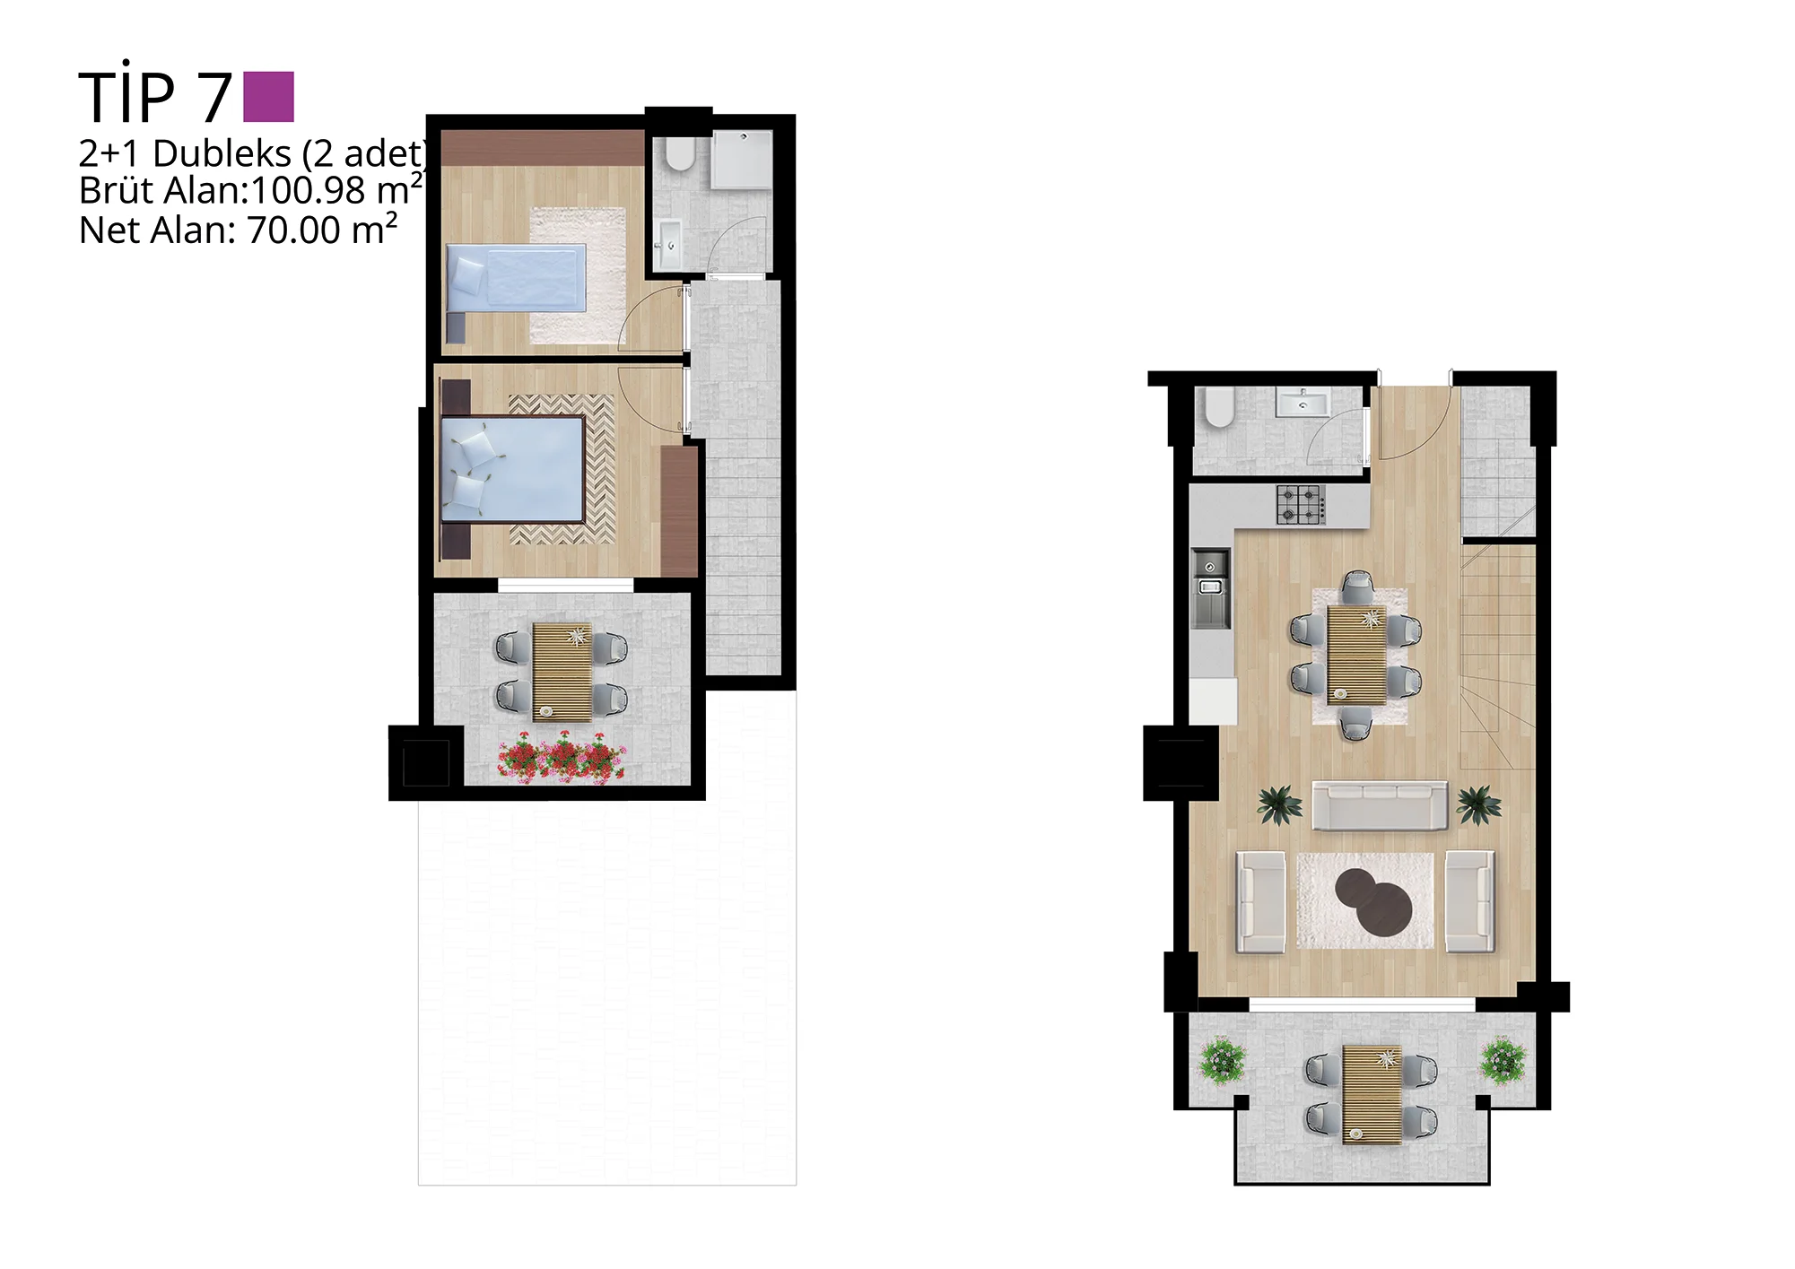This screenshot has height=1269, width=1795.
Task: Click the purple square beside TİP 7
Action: (269, 97)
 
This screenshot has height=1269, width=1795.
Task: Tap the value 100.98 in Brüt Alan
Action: (309, 191)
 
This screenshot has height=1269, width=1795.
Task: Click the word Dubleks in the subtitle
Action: (222, 153)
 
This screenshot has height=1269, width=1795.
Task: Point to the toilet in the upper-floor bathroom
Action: (681, 153)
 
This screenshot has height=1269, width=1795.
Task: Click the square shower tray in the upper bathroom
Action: (742, 160)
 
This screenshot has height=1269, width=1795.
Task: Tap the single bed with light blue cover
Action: (516, 278)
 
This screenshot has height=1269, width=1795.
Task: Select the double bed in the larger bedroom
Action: (512, 469)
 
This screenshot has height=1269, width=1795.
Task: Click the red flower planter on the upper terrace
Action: (562, 758)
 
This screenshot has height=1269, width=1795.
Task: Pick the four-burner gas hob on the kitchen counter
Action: (1300, 504)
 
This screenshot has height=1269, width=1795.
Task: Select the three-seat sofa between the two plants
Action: (1380, 805)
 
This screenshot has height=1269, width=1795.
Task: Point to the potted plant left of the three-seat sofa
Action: (1279, 804)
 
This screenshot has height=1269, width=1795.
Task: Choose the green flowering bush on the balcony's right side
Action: (1503, 1061)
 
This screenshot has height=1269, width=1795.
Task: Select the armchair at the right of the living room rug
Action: (1469, 901)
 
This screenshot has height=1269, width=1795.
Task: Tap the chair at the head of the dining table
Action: (1357, 588)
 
